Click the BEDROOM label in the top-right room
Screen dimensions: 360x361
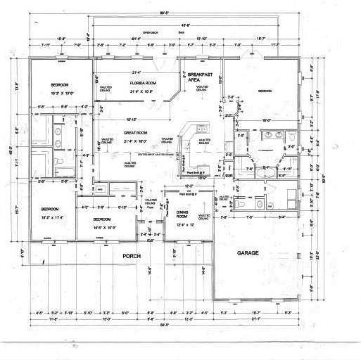265,91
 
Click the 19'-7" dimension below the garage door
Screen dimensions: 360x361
255,312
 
